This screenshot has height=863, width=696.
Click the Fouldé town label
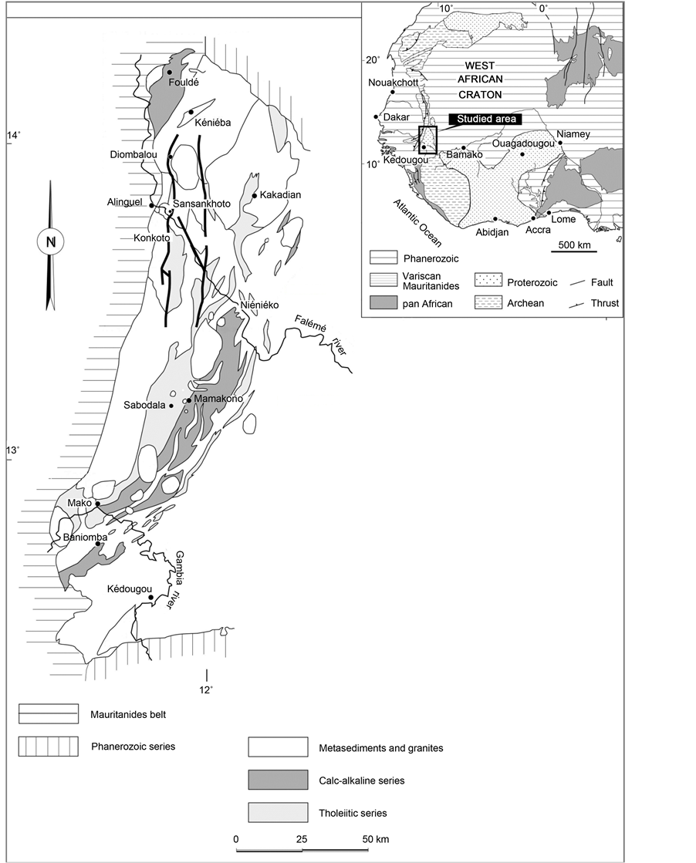coord(184,83)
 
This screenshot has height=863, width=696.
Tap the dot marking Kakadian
coord(255,195)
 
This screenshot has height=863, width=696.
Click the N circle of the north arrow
coord(51,241)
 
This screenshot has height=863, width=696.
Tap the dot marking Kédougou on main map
coord(150,597)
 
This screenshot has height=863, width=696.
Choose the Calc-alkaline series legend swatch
coord(278,780)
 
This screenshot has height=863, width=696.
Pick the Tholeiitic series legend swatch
coord(278,812)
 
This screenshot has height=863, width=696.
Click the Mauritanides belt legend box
coord(49,714)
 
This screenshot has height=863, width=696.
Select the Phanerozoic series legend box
coord(49,747)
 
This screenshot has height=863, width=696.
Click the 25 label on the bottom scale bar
coord(302,839)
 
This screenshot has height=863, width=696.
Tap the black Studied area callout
coord(485,119)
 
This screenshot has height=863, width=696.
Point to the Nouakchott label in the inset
coord(390,83)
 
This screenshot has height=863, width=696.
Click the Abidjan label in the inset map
coord(492,231)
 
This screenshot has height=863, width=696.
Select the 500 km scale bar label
coord(574,244)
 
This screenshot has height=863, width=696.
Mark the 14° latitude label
coord(13,136)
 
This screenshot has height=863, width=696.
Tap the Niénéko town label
coord(259,305)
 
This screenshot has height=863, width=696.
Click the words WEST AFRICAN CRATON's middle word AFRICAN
coord(480,79)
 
